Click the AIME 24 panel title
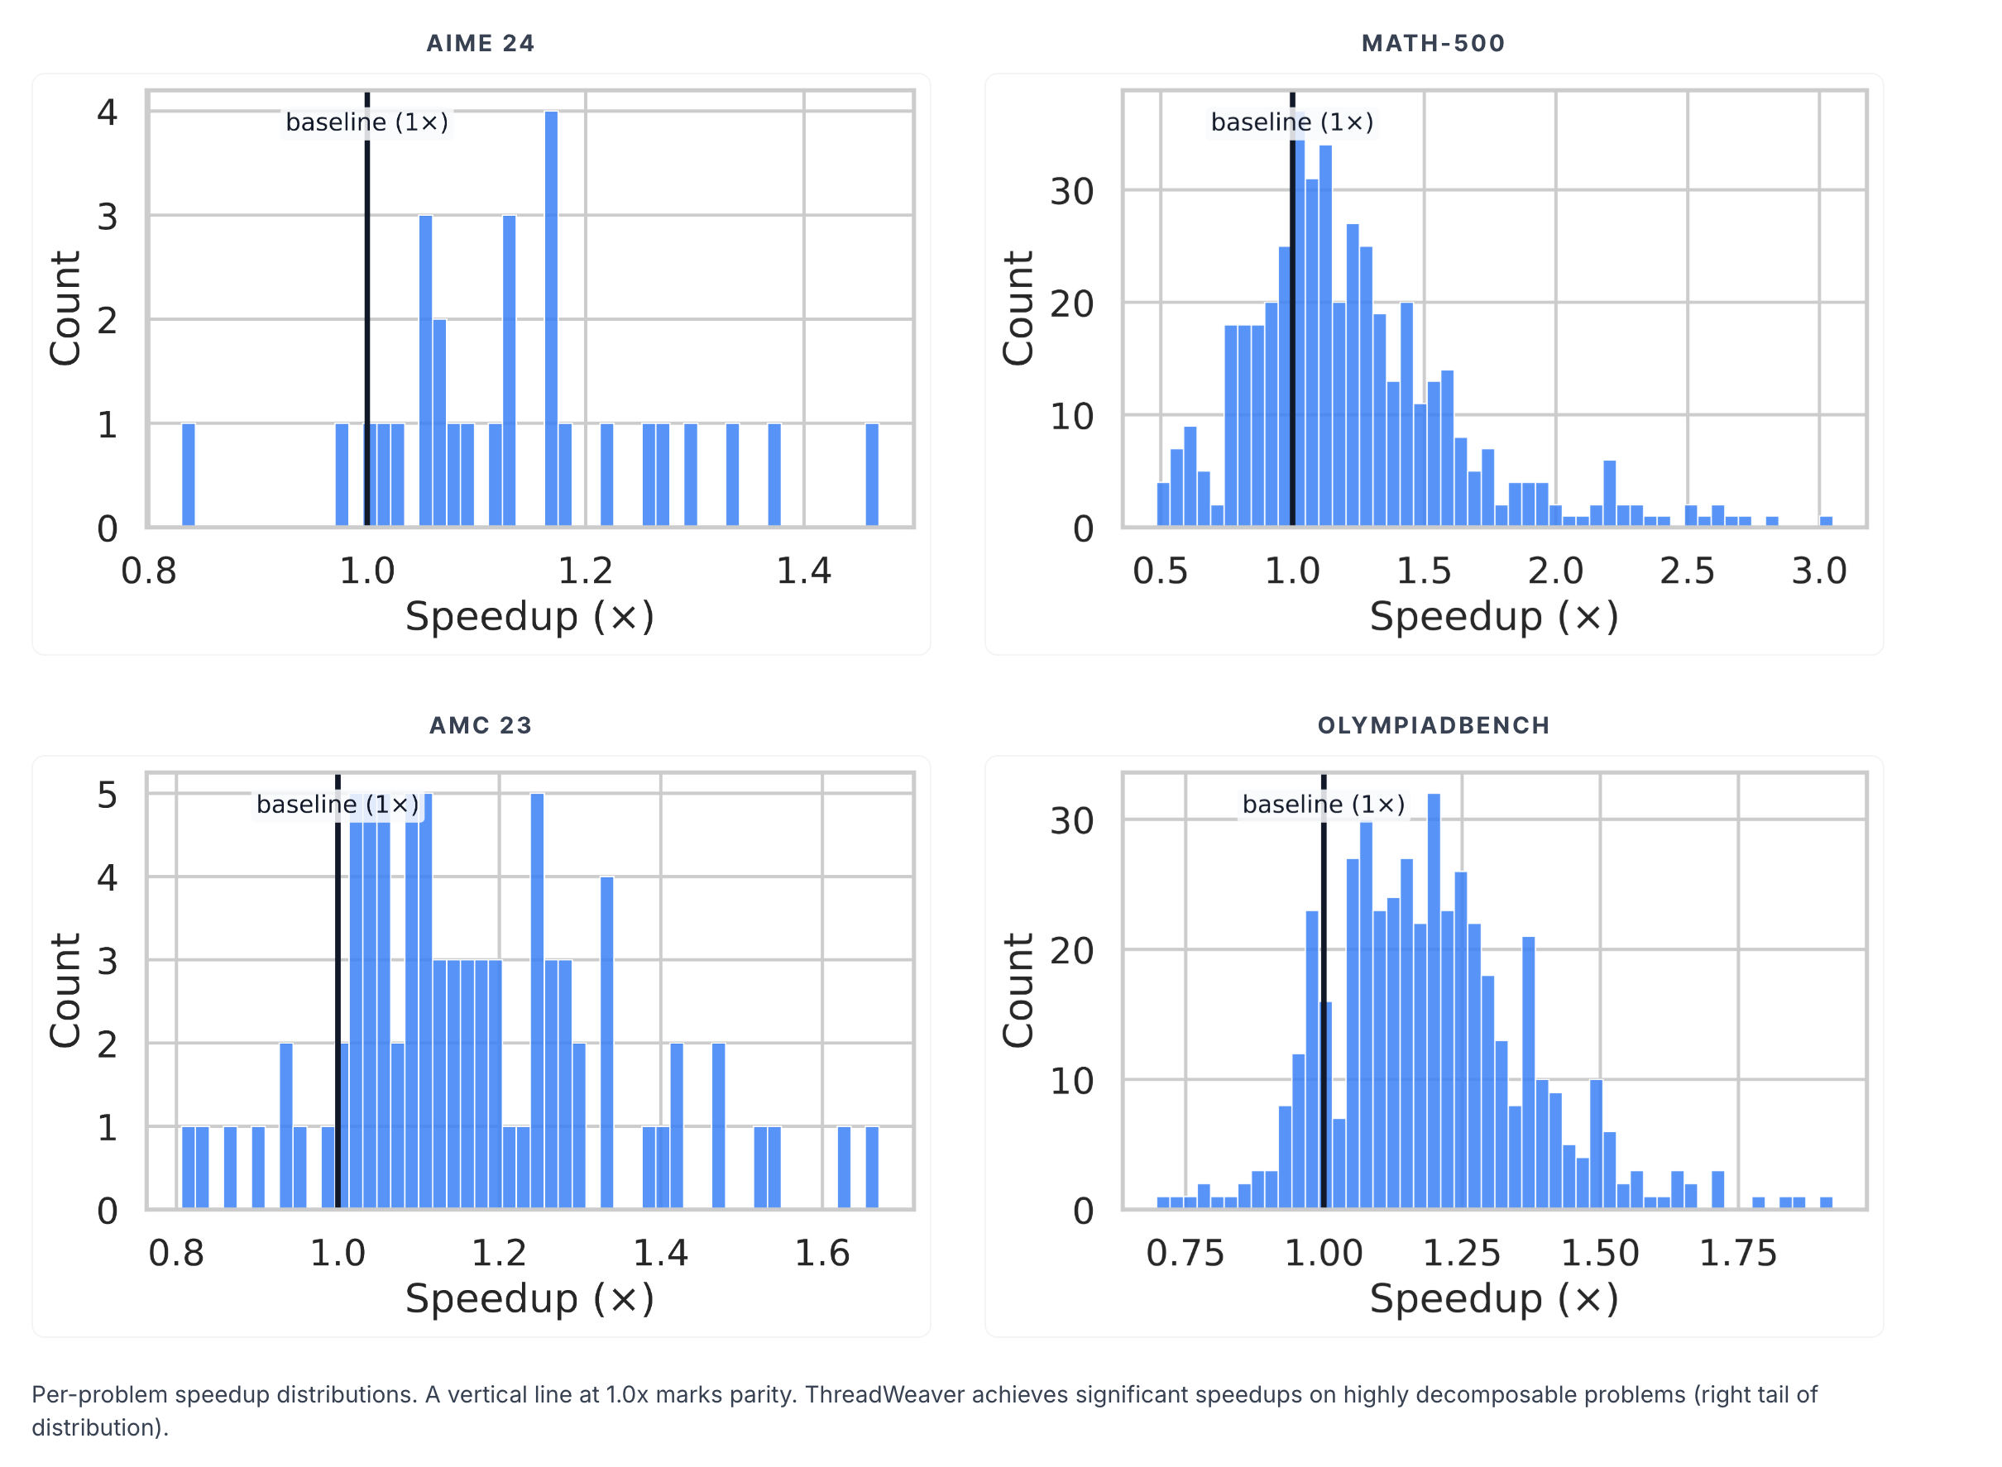(481, 44)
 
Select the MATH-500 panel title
(1433, 44)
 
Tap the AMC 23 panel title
(481, 725)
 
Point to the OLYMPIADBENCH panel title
(1433, 725)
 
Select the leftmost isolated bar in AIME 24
(189, 475)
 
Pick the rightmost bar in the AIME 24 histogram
(872, 475)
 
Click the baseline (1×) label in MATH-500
(1291, 122)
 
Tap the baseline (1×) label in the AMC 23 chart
(338, 805)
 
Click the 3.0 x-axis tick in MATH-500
(1818, 571)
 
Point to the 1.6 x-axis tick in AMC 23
(821, 1253)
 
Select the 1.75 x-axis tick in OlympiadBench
(1737, 1253)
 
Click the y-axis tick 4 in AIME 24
(108, 112)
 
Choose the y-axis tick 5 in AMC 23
(108, 795)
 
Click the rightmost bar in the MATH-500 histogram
(1826, 521)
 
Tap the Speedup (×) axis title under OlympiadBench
(1494, 1298)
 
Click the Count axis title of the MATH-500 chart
(1018, 308)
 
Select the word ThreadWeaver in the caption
(883, 1394)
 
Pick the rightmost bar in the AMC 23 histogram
(872, 1167)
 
